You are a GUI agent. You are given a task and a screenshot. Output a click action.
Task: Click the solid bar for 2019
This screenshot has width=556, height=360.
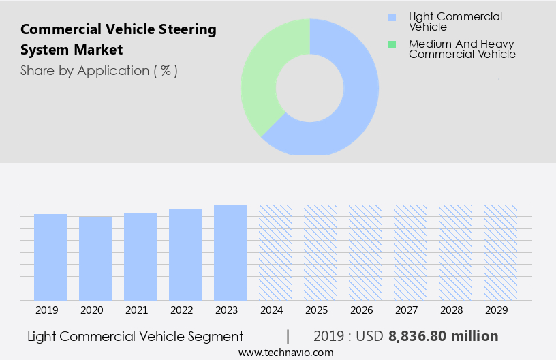point(50,257)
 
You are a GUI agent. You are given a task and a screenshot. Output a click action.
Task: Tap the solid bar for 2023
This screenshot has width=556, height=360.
point(230,252)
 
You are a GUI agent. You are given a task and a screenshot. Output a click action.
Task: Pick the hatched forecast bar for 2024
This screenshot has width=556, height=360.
point(275,252)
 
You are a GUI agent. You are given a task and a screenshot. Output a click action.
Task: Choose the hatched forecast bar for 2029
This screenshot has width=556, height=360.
point(500,252)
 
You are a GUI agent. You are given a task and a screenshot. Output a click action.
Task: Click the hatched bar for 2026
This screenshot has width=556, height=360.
point(365,252)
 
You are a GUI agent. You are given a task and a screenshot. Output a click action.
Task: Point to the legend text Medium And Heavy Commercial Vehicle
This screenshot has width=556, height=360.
point(461,49)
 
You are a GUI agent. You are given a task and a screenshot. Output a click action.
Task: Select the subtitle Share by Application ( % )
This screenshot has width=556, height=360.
point(99,70)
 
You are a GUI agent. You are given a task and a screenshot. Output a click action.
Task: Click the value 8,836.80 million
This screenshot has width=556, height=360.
point(443,336)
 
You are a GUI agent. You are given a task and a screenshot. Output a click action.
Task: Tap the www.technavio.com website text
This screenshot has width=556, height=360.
point(285,352)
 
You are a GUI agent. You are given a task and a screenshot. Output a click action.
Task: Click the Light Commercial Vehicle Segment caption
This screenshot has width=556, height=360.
point(136,336)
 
